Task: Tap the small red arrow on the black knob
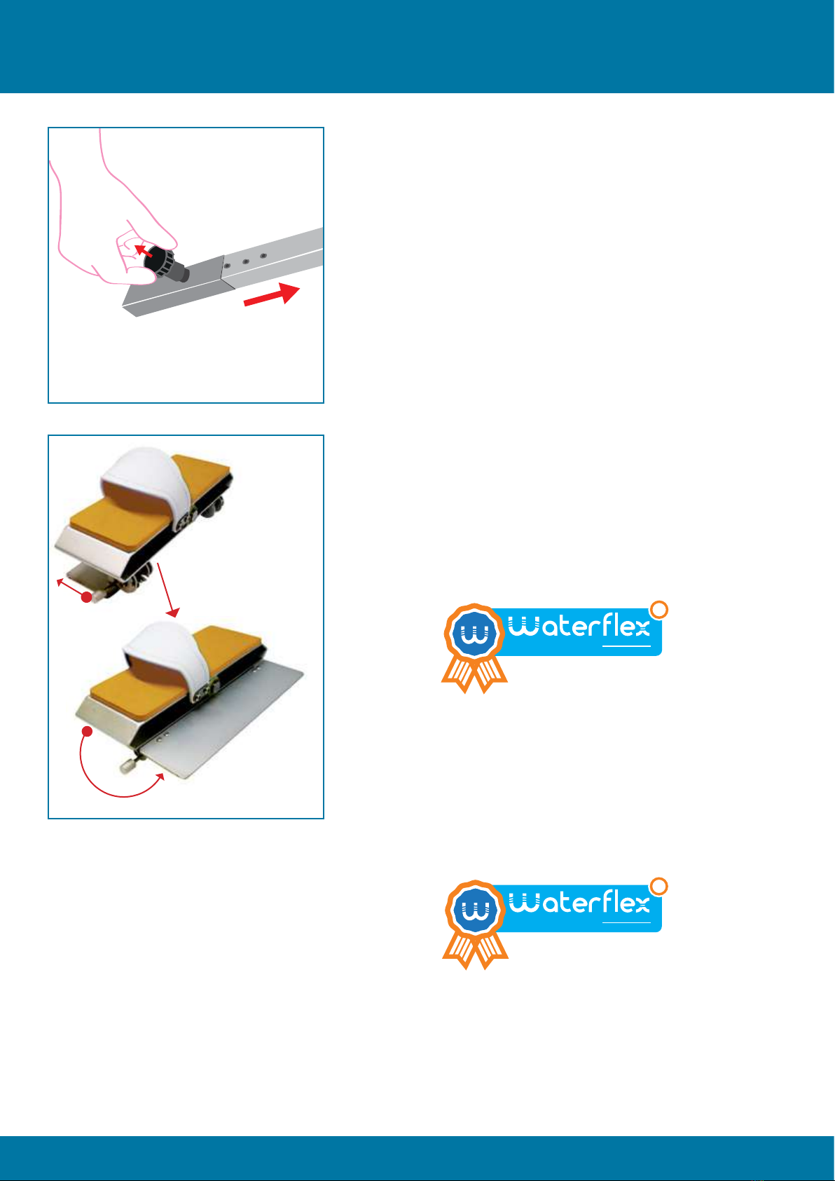click(143, 250)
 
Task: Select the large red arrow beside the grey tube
click(271, 294)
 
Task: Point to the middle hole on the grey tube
click(245, 261)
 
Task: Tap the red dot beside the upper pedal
click(86, 597)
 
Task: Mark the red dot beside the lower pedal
click(88, 731)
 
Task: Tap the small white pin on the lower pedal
click(127, 766)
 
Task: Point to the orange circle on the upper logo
click(659, 610)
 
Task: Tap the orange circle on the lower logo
click(659, 887)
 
